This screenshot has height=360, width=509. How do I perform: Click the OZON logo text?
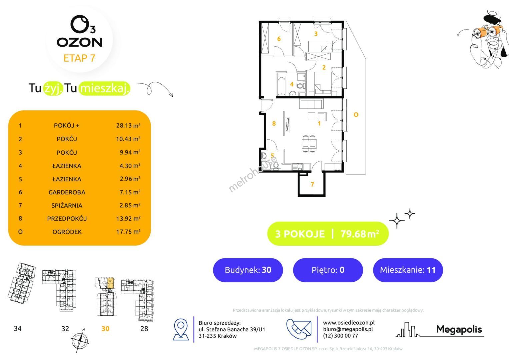pos(80,42)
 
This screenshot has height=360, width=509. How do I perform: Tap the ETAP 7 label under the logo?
pos(79,58)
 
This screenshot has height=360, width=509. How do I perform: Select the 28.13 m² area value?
pos(128,125)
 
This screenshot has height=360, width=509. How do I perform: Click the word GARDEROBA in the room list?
pos(67,192)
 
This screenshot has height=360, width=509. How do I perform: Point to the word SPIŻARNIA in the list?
pos(67,205)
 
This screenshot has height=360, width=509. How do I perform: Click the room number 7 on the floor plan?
pos(312,184)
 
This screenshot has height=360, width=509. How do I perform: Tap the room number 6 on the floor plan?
pos(279,39)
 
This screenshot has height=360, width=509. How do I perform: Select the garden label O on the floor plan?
pos(356,115)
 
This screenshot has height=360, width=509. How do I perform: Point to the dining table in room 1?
pos(309,144)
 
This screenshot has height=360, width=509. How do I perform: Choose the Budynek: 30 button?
pos(248,270)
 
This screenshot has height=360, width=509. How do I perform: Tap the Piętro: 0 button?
pos(328,270)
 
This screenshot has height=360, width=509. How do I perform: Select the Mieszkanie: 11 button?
pos(408,270)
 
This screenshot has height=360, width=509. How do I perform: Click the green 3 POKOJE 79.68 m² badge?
pos(328,234)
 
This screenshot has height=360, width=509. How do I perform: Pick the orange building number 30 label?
pos(105,329)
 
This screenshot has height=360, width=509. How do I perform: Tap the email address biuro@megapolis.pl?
pos(348,329)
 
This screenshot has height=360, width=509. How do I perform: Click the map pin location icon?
pos(181,330)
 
